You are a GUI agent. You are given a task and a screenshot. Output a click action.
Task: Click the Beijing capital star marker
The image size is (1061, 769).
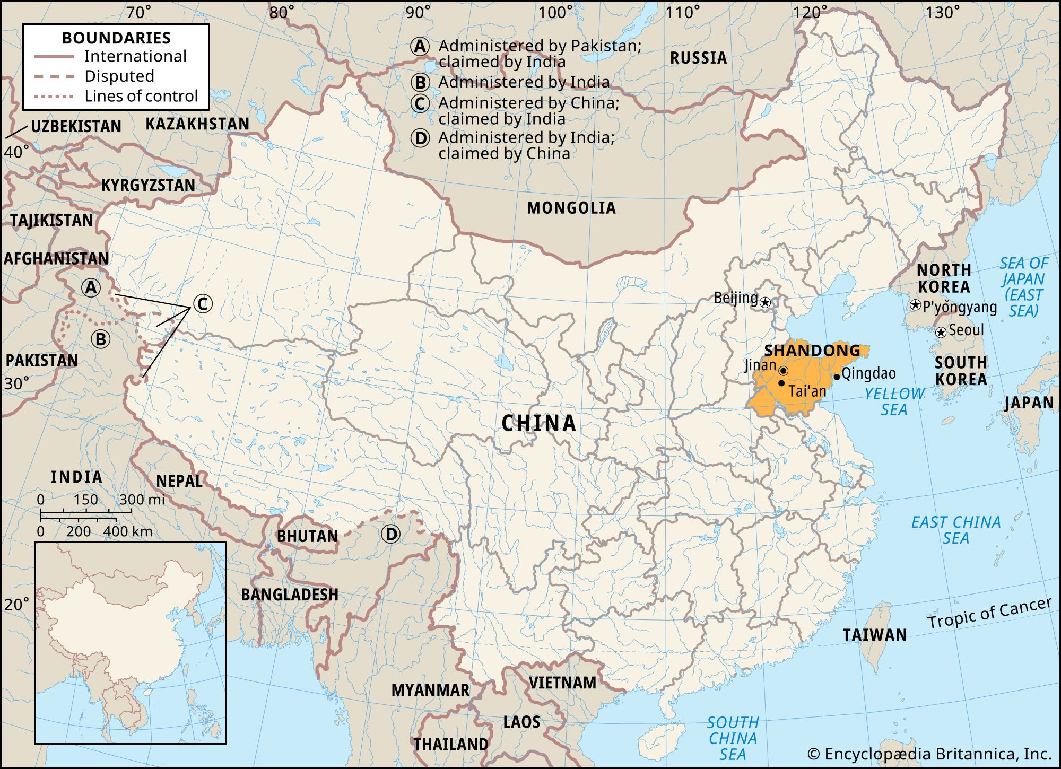pos(765,303)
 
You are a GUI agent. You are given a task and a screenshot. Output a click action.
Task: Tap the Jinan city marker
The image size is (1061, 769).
pos(784,370)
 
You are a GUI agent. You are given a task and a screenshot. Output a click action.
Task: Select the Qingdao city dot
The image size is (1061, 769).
pos(837,377)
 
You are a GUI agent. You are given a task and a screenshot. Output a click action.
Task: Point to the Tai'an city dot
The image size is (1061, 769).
pos(781,383)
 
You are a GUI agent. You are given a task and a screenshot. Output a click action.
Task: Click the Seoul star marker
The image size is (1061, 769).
pos(941,333)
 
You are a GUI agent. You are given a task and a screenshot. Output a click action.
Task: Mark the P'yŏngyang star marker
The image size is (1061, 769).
pos(915,305)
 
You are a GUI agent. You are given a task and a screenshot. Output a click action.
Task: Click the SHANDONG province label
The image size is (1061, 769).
pos(812,351)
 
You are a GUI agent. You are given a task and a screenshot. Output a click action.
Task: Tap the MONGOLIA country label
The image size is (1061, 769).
pos(571,208)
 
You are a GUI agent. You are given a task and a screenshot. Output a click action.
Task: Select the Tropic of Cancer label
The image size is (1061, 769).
pos(989,613)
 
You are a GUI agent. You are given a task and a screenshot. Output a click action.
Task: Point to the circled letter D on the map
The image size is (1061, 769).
pos(391,534)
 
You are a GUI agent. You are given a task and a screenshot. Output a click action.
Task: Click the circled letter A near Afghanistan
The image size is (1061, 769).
pos(91,287)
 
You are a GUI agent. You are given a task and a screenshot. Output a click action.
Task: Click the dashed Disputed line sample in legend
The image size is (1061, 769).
pos(54,76)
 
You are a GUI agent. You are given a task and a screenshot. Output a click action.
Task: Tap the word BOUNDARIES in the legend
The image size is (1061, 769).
pos(116,38)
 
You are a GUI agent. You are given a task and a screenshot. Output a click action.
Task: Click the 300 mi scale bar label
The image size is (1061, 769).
pos(142,500)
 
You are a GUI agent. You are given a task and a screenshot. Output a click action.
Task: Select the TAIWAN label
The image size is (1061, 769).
pos(874,635)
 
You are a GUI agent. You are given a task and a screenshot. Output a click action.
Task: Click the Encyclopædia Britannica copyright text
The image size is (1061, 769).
pos(929,754)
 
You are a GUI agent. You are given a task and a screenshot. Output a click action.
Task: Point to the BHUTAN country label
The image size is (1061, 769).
pos(307,536)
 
